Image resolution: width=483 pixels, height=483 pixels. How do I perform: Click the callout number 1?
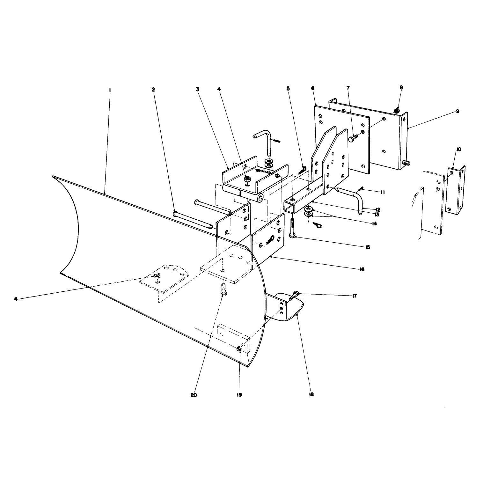pos(110,90)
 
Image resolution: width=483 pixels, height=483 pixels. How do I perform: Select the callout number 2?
pos(153,90)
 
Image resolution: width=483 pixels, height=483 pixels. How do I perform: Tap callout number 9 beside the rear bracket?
pos(457,111)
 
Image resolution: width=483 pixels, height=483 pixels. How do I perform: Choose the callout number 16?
pos(362,269)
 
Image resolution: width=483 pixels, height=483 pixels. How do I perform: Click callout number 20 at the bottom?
pos(194,395)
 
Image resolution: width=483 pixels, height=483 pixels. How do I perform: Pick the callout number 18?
pos(311,394)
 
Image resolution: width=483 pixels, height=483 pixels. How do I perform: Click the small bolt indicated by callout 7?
pos(354,138)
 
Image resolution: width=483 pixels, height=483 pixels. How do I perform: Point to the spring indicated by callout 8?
pos(397,110)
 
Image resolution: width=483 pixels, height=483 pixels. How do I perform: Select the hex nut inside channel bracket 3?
pos(247,179)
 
